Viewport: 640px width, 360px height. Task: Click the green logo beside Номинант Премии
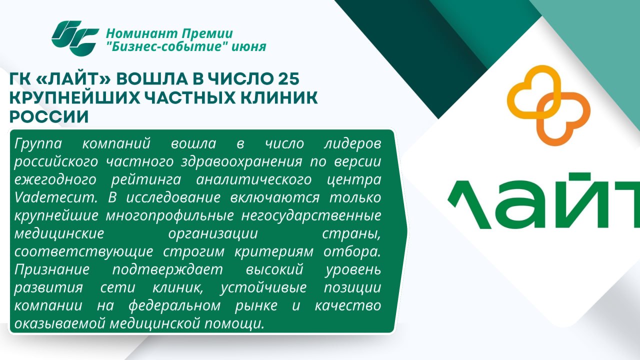tap(75, 38)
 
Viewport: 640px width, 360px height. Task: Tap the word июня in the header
tap(248, 47)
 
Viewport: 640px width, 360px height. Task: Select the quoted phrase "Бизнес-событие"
tap(166, 46)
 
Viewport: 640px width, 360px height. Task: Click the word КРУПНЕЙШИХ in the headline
tap(75, 97)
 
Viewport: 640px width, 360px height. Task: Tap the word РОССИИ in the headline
tap(49, 117)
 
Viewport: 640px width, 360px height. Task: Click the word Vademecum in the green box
tap(56, 197)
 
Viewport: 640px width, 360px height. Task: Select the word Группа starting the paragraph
tap(38, 144)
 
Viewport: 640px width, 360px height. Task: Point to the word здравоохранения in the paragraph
tap(241, 161)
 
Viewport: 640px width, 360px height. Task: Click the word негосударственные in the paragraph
tap(311, 215)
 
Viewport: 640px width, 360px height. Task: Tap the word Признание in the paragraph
tap(51, 269)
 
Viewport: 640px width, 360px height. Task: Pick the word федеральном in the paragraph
tap(174, 305)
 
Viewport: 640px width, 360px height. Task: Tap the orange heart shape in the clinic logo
tap(563, 119)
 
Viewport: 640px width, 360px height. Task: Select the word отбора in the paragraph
tap(352, 251)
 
